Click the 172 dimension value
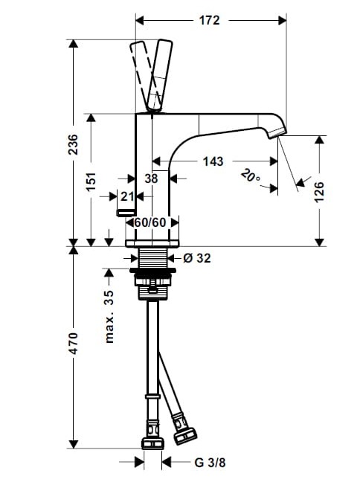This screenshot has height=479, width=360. (x=209, y=21)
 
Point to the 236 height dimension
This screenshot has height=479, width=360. (x=73, y=144)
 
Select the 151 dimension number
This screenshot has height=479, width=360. (x=91, y=182)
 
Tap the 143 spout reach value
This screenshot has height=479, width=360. (x=213, y=161)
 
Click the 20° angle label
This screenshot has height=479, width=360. (x=251, y=176)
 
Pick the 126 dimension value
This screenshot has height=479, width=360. (x=319, y=192)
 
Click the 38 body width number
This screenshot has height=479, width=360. (x=151, y=179)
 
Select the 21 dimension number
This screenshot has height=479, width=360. (x=127, y=196)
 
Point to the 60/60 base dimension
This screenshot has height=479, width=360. (x=150, y=222)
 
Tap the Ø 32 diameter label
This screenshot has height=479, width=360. (x=197, y=258)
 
